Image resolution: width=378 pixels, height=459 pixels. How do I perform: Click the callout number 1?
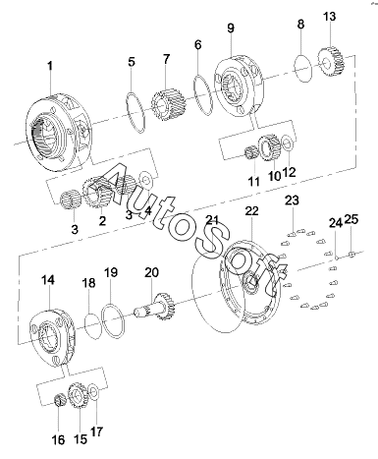coord(50,66)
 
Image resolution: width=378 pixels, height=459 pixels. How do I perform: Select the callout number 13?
coord(329,17)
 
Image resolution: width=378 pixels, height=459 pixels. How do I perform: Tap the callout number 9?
coord(231,29)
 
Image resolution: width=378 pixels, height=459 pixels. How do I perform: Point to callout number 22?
coord(252,211)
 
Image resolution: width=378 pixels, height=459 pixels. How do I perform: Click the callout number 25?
coord(351,219)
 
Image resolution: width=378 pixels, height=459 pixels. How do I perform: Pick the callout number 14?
coord(48,280)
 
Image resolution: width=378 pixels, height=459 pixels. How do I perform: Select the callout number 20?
coord(151,272)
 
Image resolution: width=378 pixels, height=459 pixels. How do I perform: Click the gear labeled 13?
coord(331,62)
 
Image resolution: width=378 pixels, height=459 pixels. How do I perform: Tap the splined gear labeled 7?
coord(169,103)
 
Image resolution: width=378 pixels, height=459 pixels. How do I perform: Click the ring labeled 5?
coord(135,113)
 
